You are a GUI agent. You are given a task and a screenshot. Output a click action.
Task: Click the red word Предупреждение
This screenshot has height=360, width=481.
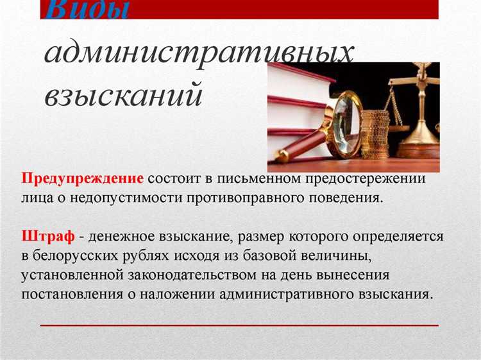83,178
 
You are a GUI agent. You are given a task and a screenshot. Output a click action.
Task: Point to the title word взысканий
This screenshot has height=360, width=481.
124,94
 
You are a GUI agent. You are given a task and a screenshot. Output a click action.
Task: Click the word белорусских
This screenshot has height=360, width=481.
76,257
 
